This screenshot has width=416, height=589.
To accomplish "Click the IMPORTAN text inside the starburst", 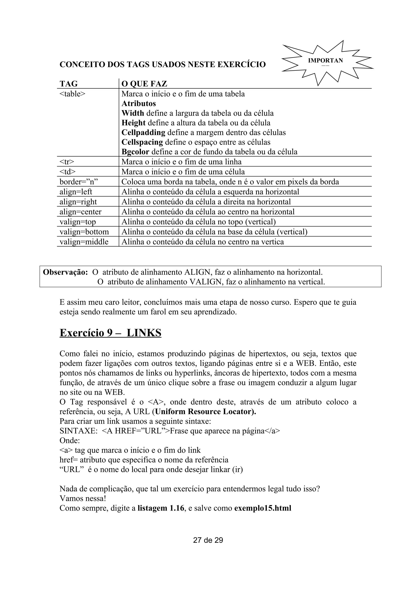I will (x=325, y=61).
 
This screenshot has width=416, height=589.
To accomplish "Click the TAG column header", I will (x=68, y=84).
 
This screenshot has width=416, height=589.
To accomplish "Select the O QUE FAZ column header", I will (x=144, y=84).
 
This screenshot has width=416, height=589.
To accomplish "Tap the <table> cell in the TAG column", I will (x=72, y=94).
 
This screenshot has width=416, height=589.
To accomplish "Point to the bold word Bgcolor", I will (x=135, y=152).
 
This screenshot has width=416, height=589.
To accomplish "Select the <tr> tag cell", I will (x=67, y=162).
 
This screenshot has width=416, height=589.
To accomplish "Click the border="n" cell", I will (x=79, y=182).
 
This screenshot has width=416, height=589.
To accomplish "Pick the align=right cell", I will (x=78, y=202).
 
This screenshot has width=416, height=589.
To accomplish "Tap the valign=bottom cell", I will (x=84, y=232).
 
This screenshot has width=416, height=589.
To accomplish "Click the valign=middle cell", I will (x=84, y=242).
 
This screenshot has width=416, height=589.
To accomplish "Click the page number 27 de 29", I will (x=208, y=540).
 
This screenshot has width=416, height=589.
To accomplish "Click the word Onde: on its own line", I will (x=70, y=440).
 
